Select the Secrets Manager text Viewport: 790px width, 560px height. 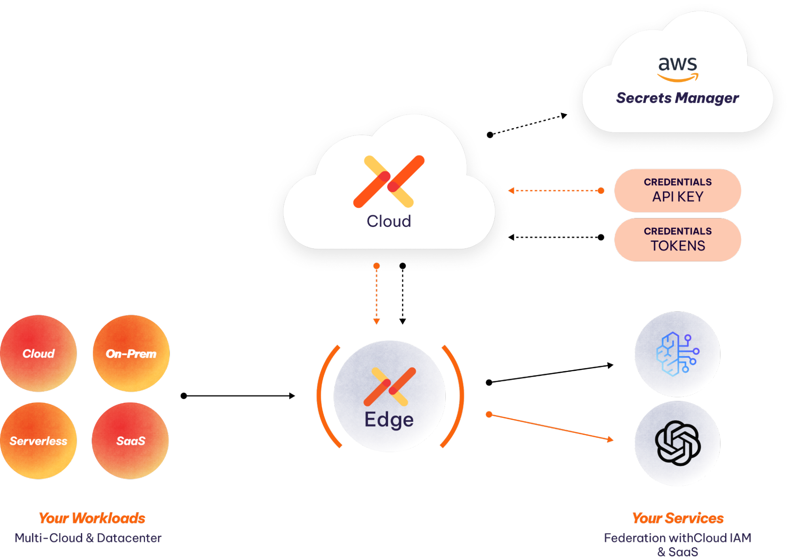pyautogui.click(x=677, y=98)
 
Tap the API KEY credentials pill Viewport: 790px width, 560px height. pyautogui.click(x=677, y=191)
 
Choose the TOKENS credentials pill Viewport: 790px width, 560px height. pyautogui.click(x=677, y=240)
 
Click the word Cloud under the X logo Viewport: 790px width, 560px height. pyautogui.click(x=389, y=221)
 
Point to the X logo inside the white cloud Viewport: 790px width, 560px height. pyautogui.click(x=389, y=181)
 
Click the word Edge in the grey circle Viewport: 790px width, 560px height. pyautogui.click(x=389, y=419)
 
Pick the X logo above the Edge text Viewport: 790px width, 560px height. pyautogui.click(x=390, y=387)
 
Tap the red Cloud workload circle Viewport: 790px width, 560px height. pyautogui.click(x=38, y=353)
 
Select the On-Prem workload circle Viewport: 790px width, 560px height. pyautogui.click(x=131, y=353)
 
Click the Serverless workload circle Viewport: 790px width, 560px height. pyautogui.click(x=38, y=441)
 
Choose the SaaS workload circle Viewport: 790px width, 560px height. pyautogui.click(x=130, y=441)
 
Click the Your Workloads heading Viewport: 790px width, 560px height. pyautogui.click(x=92, y=518)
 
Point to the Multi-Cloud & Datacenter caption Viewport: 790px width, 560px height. pyautogui.click(x=88, y=538)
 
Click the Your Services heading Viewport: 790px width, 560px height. pyautogui.click(x=677, y=518)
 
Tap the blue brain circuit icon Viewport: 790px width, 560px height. pyautogui.click(x=677, y=354)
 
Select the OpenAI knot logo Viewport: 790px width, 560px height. pyautogui.click(x=677, y=443)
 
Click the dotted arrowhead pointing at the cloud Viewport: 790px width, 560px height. pyautogui.click(x=511, y=191)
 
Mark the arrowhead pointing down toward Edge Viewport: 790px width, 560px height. pyautogui.click(x=377, y=321)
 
